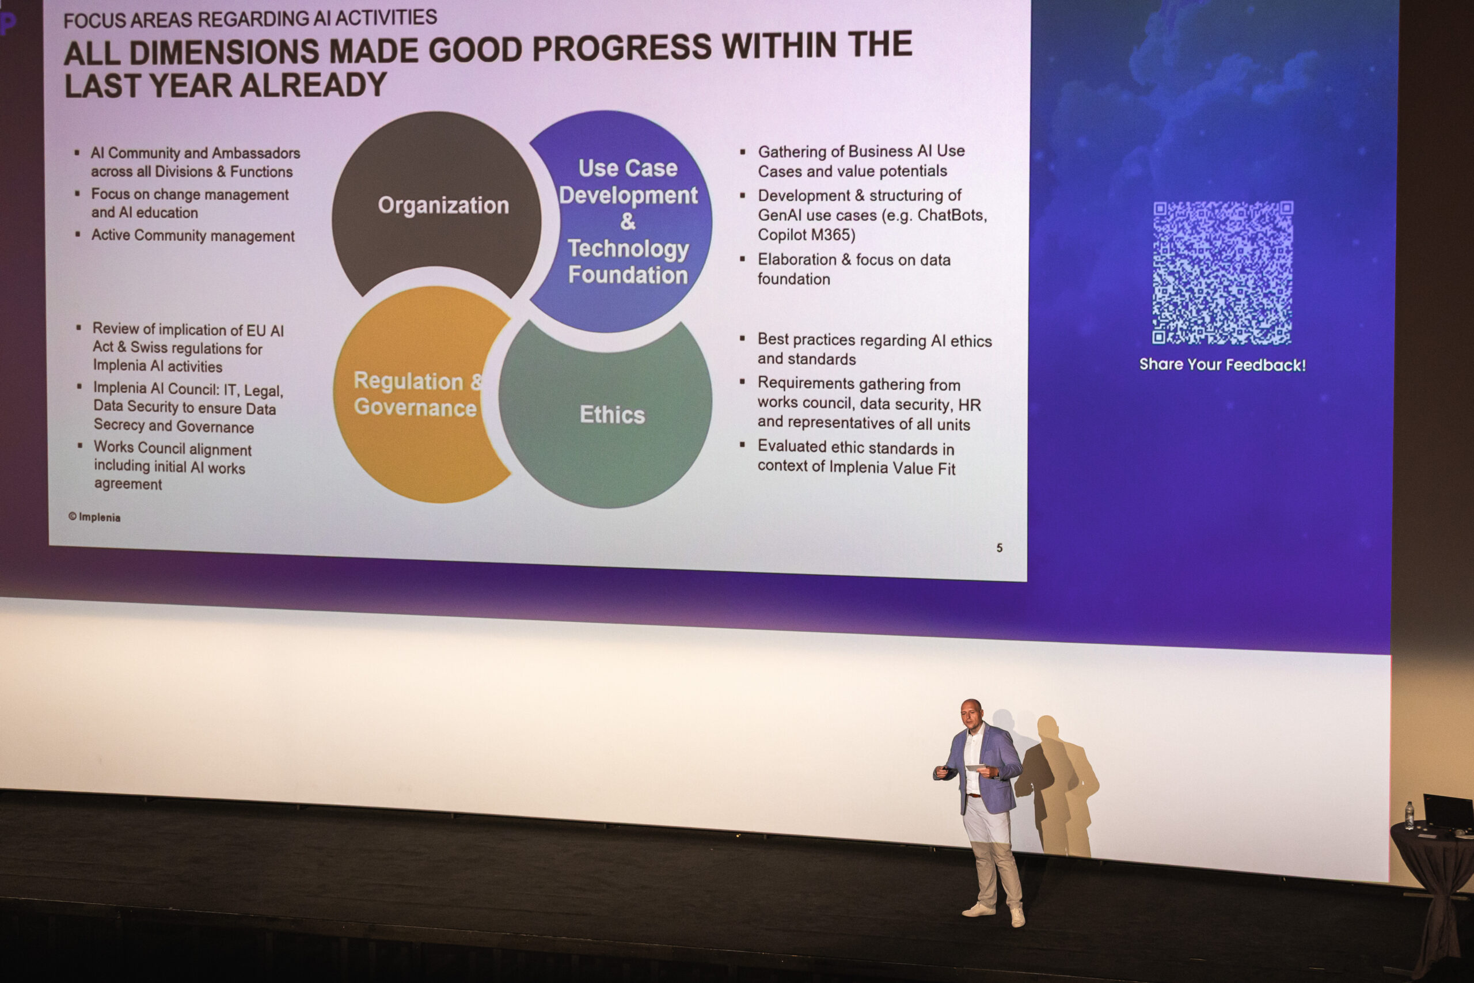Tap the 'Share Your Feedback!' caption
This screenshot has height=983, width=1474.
click(1222, 365)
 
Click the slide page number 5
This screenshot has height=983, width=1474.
click(999, 548)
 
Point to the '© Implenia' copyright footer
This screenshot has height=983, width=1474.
click(94, 517)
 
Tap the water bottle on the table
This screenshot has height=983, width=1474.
click(1410, 815)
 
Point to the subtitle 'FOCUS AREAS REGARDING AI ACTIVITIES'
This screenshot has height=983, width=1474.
click(250, 18)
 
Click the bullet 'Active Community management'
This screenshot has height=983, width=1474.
click(192, 236)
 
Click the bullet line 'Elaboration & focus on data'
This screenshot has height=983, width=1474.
click(853, 260)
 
